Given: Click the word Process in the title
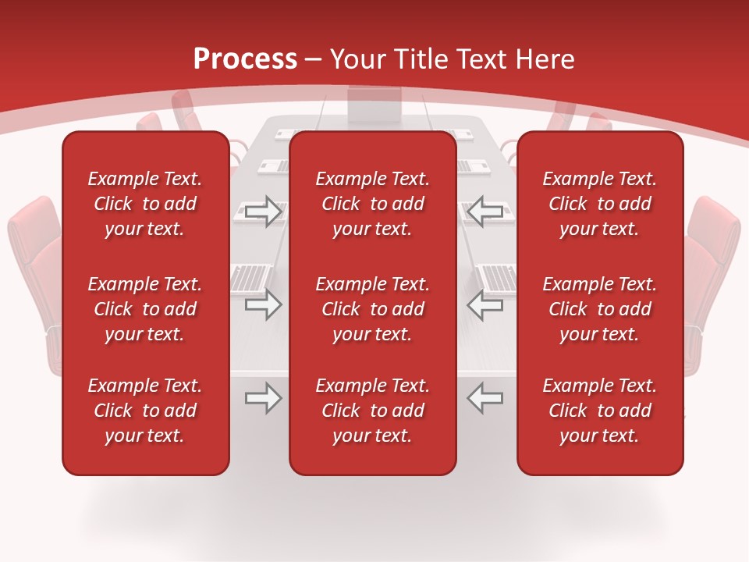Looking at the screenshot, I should (245, 59).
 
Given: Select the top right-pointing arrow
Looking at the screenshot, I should (263, 212).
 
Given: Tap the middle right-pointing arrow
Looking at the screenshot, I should (263, 304).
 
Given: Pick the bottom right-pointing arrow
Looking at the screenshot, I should (263, 398).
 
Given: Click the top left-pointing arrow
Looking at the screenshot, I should (485, 212).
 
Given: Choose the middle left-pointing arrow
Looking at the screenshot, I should (485, 304).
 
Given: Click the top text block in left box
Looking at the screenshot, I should (145, 204).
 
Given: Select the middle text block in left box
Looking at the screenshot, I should (145, 309).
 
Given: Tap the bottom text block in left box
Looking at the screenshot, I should (145, 411).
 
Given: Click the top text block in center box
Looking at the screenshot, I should (373, 204).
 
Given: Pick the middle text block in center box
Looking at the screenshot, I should (373, 309).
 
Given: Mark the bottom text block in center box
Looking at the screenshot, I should (373, 411).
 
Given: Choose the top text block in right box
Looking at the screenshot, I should (600, 204).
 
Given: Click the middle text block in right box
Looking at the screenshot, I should (600, 309).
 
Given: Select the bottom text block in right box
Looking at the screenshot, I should (600, 411).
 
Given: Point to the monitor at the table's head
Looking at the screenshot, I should (374, 104).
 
